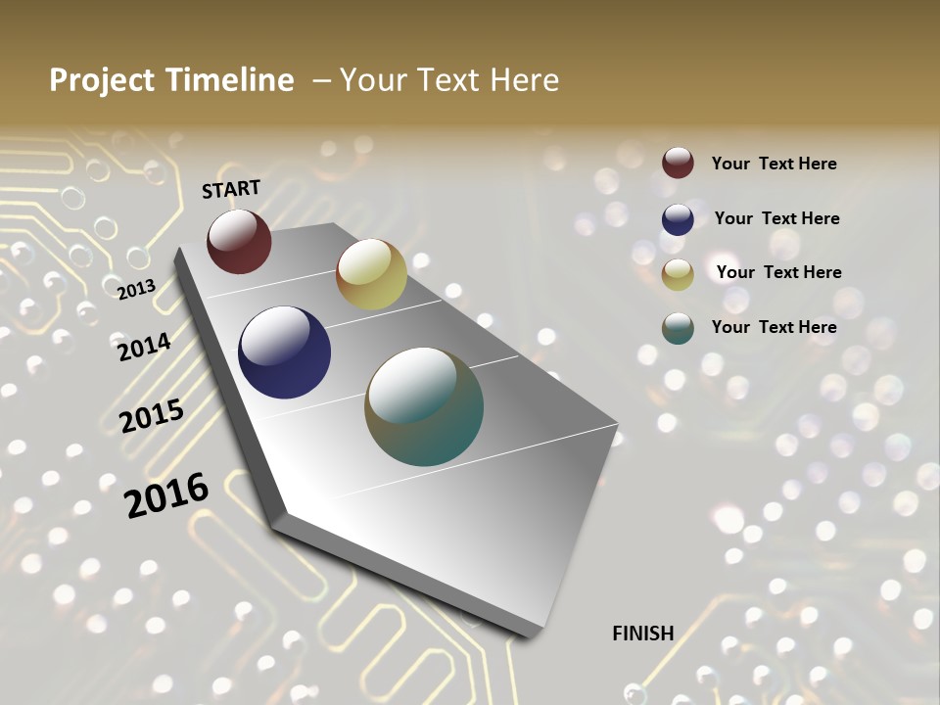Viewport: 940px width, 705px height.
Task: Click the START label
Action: [x=231, y=189]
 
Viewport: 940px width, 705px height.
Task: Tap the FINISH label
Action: [x=642, y=634]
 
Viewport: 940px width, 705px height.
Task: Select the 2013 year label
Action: [x=136, y=289]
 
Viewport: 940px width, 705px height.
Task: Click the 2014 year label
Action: [x=144, y=347]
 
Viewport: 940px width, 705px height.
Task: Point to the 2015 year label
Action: [x=151, y=416]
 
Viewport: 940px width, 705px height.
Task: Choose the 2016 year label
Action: [x=166, y=494]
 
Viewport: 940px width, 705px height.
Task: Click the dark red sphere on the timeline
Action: [x=239, y=241]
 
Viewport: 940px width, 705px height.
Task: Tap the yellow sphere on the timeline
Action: [x=371, y=274]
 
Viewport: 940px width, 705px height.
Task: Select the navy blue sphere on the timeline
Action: [x=284, y=352]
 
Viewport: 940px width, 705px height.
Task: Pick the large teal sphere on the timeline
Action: [x=424, y=406]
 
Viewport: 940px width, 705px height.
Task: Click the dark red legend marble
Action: [x=678, y=163]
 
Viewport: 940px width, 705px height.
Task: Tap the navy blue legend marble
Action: [x=678, y=219]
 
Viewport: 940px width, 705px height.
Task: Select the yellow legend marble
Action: [x=678, y=274]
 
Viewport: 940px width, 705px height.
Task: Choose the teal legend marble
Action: [x=678, y=328]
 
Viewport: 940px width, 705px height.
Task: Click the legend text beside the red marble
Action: [x=774, y=164]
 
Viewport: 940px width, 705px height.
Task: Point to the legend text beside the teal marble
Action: [x=774, y=327]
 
